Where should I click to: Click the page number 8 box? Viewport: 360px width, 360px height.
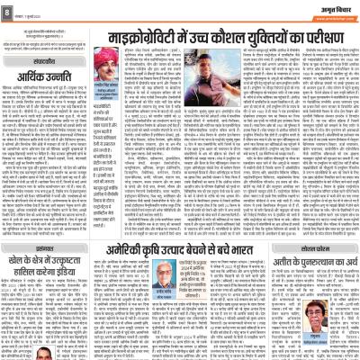7,11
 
